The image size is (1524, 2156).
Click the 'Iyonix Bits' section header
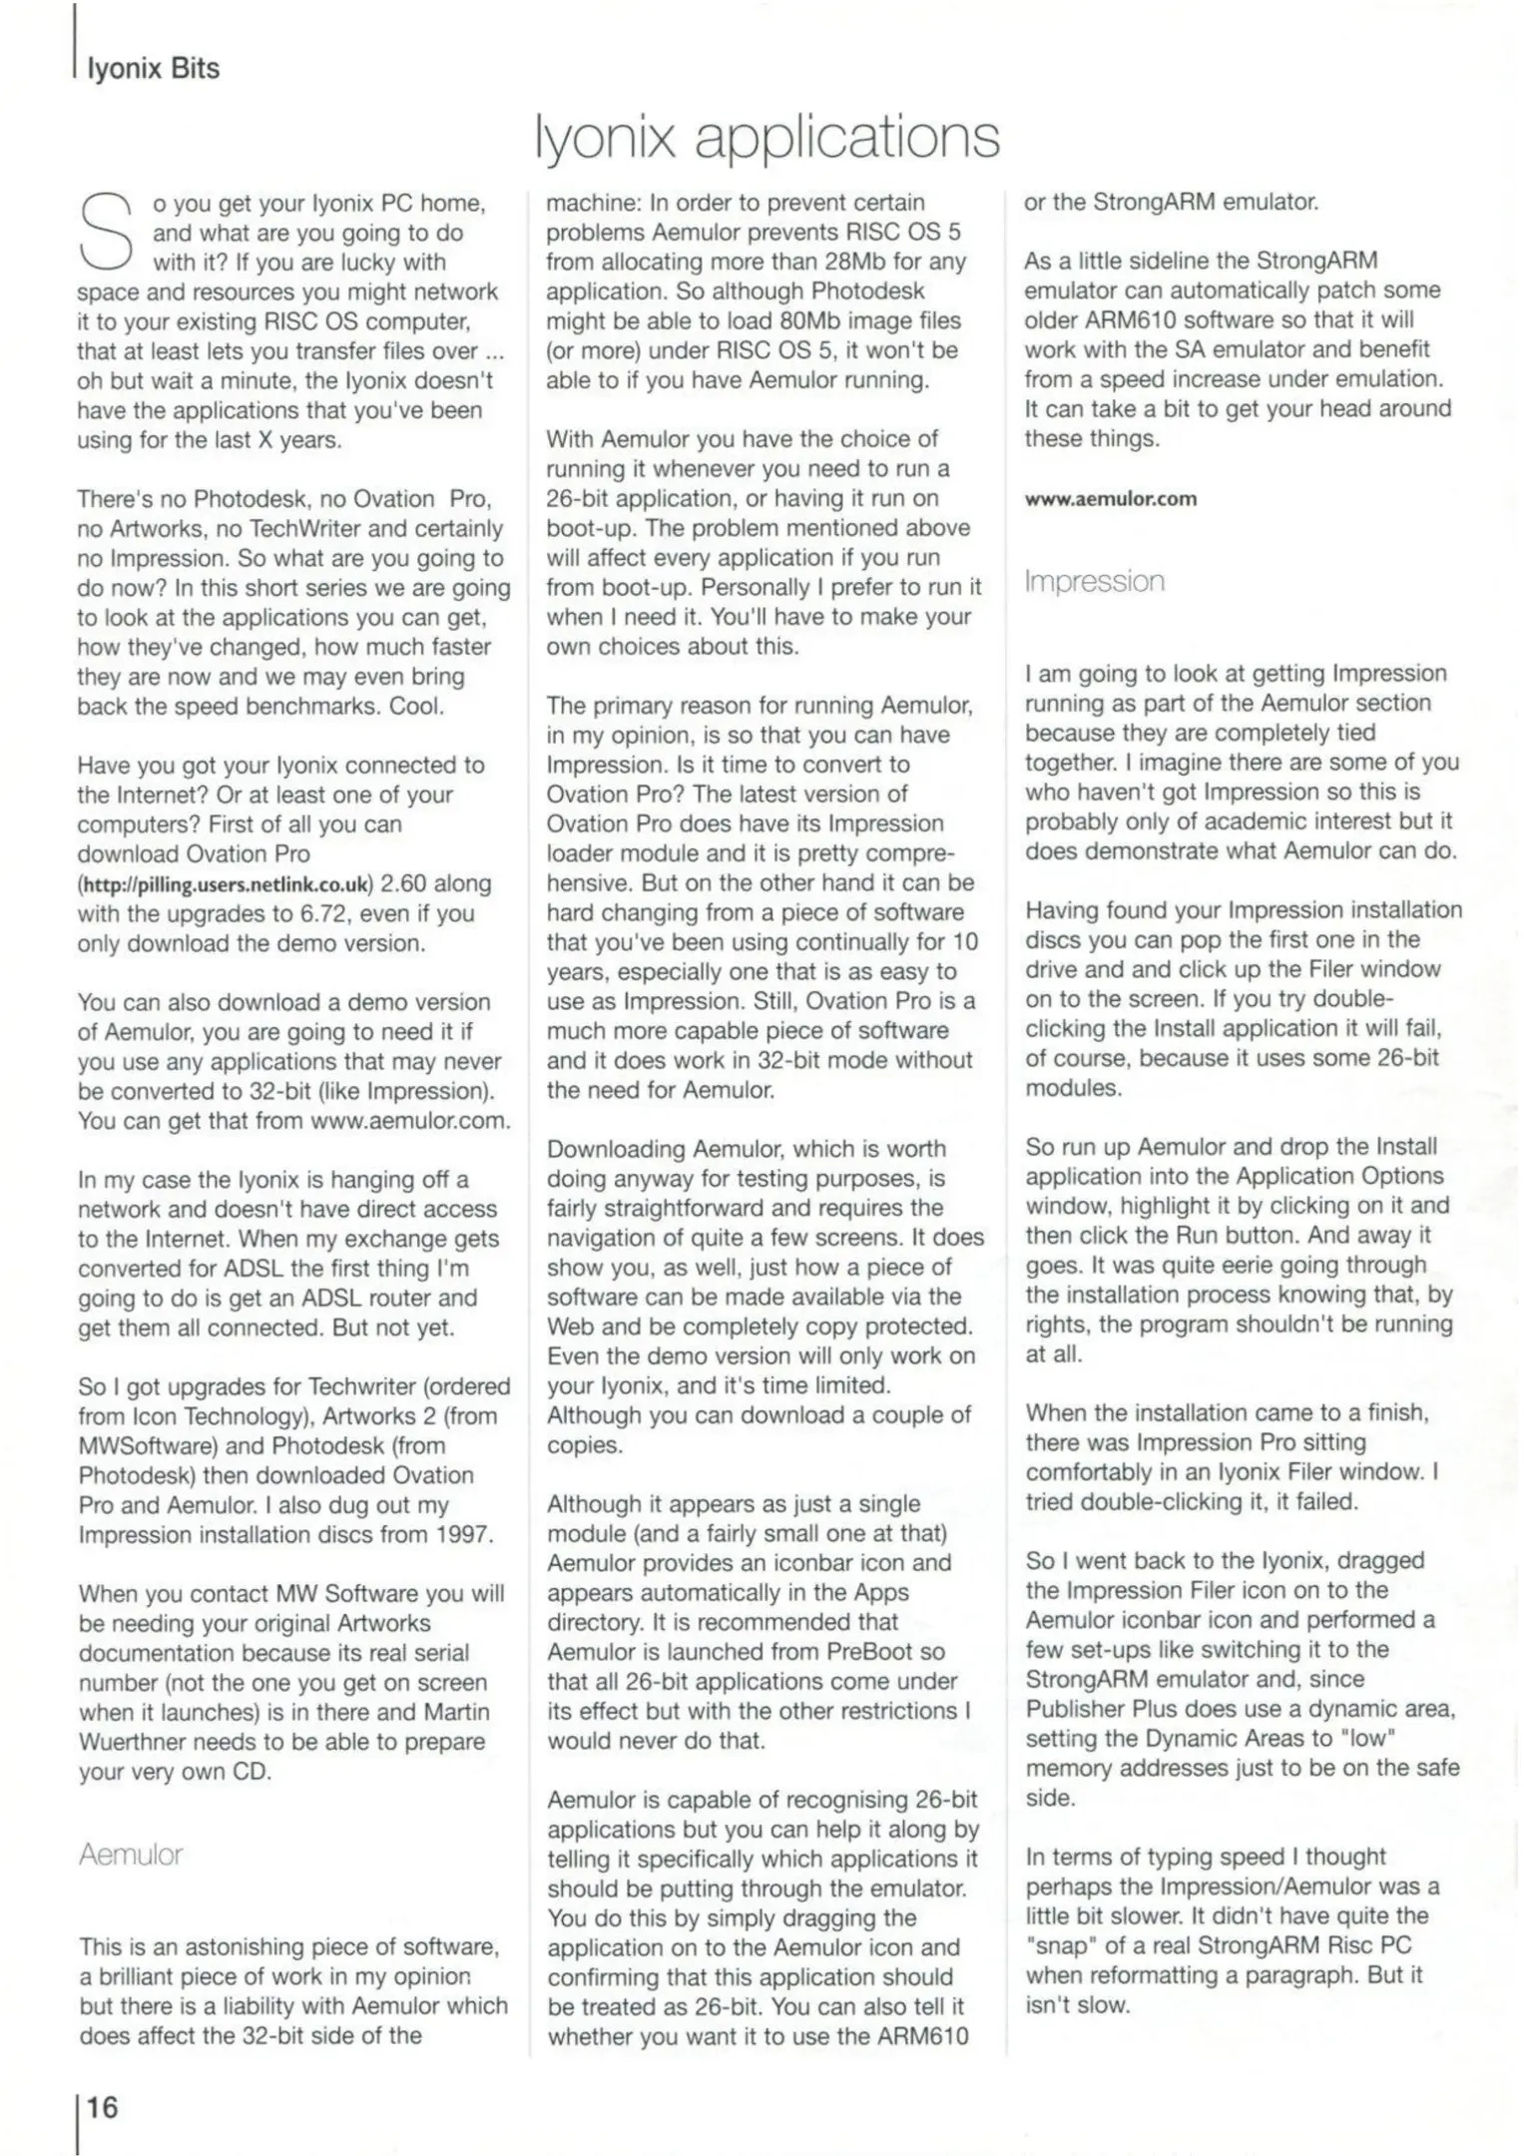coord(153,68)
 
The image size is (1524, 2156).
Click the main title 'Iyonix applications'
coord(766,138)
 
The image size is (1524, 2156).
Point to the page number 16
coord(101,2107)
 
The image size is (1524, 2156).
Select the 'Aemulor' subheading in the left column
coord(131,1855)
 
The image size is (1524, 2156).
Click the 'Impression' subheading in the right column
coord(1095,582)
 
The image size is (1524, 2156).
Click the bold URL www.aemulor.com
coord(1110,499)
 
